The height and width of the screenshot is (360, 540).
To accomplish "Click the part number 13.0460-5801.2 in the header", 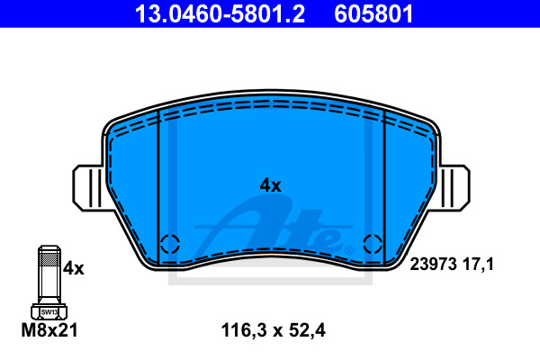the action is click(220, 14).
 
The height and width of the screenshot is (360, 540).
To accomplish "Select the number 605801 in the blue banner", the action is click(373, 14).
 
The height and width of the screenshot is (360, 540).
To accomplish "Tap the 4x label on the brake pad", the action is click(270, 185).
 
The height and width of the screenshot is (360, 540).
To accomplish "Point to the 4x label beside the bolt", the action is click(74, 267).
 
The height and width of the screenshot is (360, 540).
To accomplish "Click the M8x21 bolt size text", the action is click(49, 330).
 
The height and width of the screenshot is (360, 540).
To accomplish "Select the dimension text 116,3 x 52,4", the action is click(273, 330).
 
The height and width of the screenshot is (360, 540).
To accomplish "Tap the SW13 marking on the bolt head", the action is click(49, 312).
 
